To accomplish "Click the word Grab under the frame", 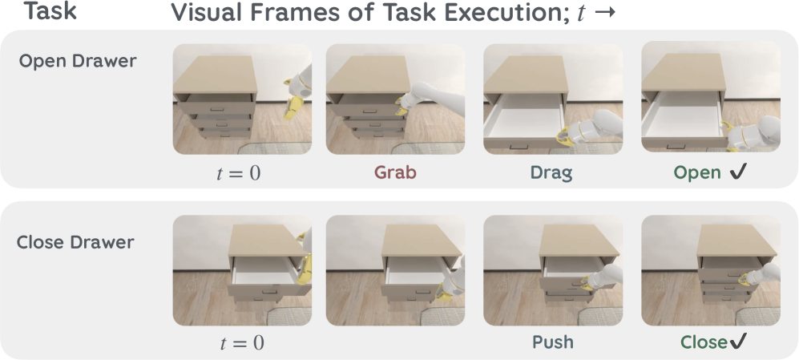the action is click(x=395, y=172).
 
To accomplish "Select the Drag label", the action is click(x=551, y=172).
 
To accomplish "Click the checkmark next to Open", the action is click(x=737, y=172).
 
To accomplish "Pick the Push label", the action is click(x=553, y=342).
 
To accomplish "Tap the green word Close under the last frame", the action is click(x=704, y=342).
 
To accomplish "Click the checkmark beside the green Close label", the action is click(x=738, y=341).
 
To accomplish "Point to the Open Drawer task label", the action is click(x=78, y=61).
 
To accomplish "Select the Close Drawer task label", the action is click(x=75, y=241).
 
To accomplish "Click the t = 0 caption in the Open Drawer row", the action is click(x=239, y=173).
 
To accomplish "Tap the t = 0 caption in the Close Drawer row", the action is click(x=242, y=342).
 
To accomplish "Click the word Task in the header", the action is click(x=51, y=10).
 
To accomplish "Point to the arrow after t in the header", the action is click(x=605, y=14).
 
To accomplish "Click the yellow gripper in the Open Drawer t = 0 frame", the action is click(x=293, y=102).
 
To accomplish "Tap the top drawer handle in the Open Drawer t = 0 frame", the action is click(x=218, y=108).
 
